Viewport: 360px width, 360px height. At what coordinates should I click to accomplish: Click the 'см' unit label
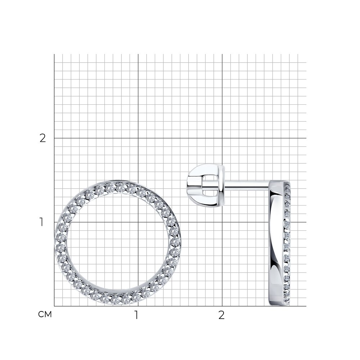coord(45,314)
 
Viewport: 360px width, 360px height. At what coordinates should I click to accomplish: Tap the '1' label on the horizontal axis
coord(136,315)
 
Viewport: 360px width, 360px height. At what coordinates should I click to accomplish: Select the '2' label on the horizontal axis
coord(221,315)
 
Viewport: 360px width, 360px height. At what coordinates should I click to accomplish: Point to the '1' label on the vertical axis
coord(41,222)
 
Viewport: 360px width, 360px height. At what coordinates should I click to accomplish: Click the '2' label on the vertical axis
coord(43,138)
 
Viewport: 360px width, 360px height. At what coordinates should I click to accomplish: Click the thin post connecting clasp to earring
coord(247,184)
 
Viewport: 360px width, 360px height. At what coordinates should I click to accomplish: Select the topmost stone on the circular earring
coord(120,187)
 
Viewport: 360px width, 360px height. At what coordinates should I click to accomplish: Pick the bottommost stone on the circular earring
coord(115,300)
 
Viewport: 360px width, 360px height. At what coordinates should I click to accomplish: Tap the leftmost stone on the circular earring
coord(61,237)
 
